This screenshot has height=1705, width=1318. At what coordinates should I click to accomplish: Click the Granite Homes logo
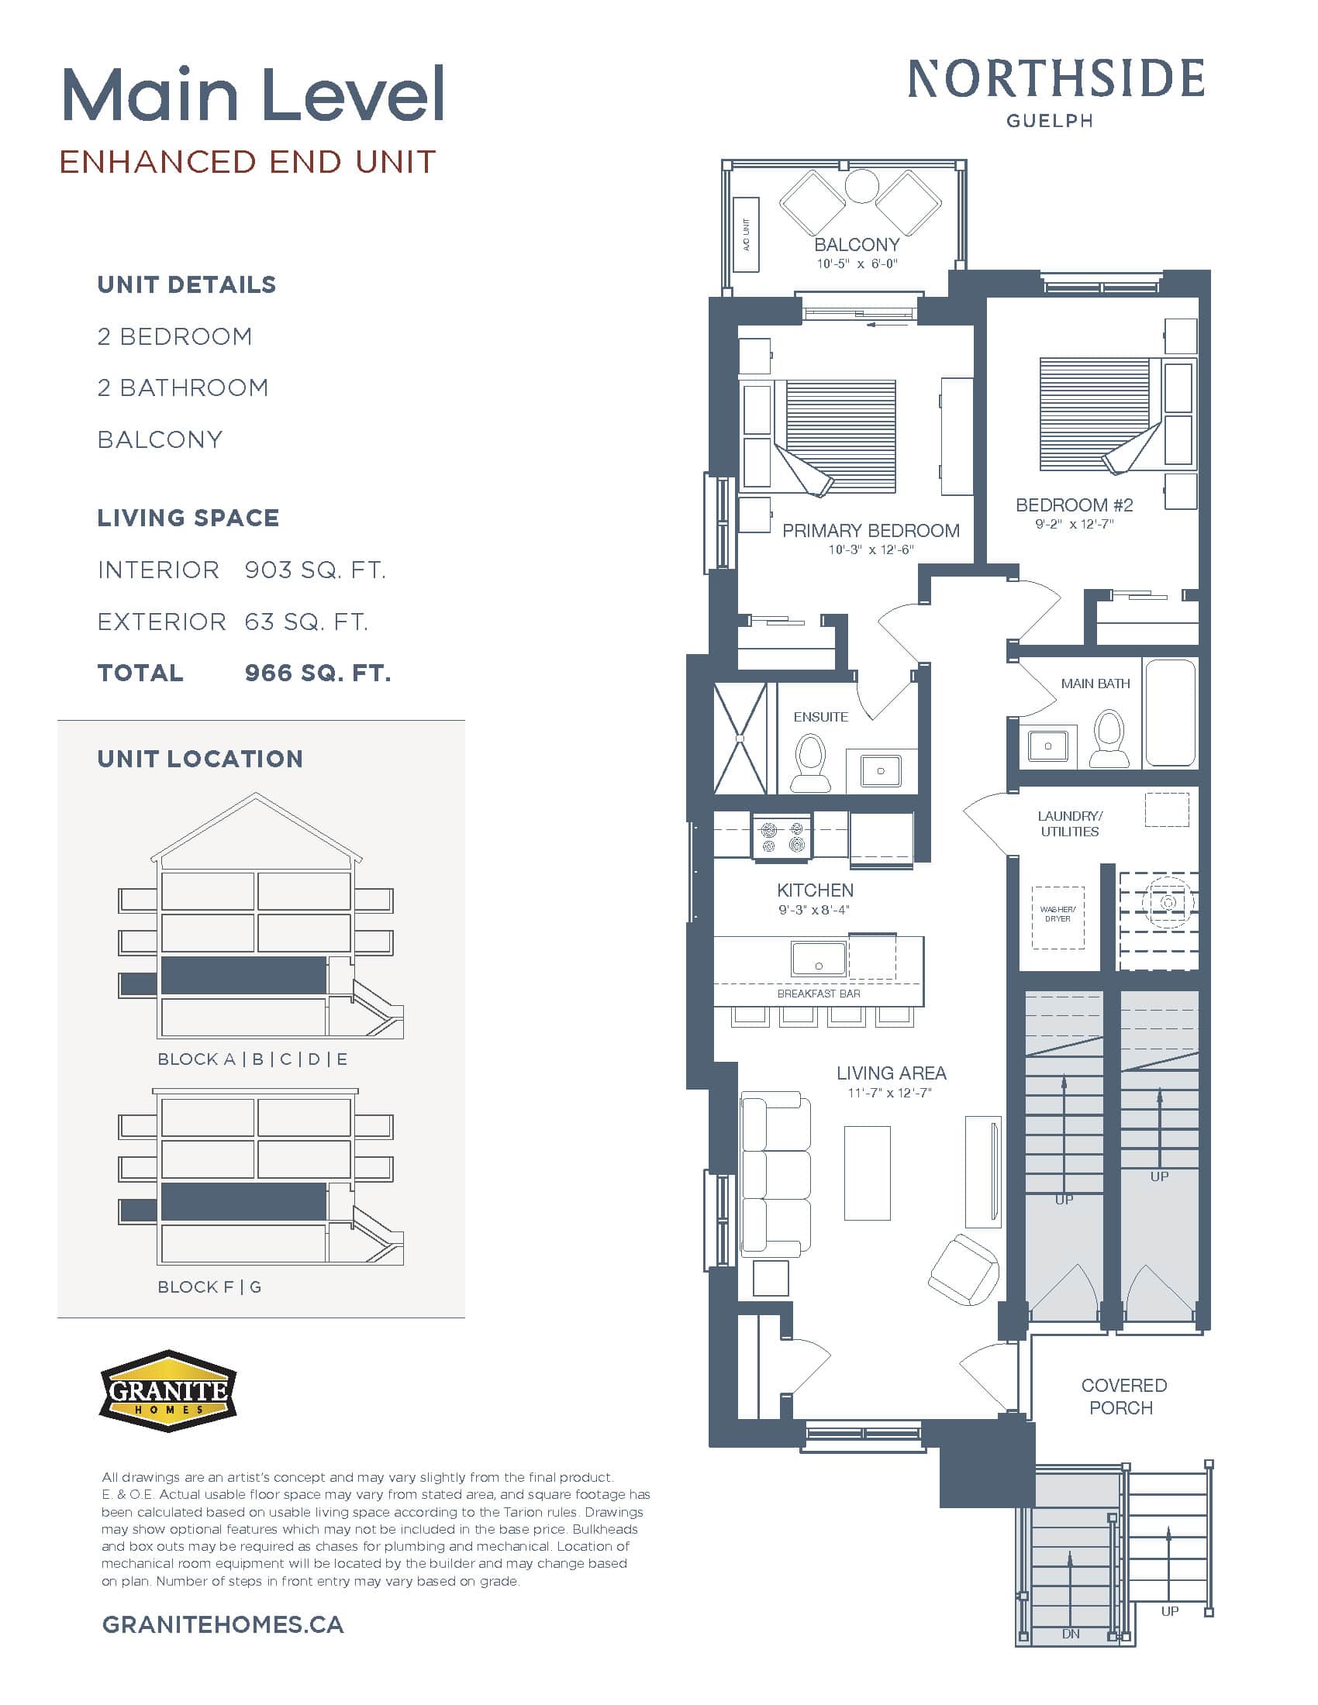pos(168,1390)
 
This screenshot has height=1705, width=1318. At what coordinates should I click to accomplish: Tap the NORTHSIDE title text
pos(1055,80)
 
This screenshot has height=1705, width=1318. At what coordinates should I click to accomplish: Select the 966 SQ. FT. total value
pos(318,673)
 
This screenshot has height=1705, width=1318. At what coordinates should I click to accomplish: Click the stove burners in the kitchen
pos(782,837)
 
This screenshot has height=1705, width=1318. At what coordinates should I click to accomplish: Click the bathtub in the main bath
pos(1170,712)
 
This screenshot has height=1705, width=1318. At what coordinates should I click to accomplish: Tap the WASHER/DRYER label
pos(1058,914)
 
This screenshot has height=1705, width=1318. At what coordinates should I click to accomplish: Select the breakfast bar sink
pos(818,959)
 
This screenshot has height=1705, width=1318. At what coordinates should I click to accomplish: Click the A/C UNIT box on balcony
pos(747,234)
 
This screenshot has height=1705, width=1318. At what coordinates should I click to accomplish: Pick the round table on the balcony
pos(863,187)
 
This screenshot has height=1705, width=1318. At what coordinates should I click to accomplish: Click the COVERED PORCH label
pos(1123,1396)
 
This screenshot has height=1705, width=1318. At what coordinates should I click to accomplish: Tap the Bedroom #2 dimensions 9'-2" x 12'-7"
pos(1074,524)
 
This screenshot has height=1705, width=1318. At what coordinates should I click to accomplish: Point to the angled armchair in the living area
pos(963,1269)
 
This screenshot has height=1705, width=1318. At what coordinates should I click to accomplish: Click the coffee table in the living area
pos(867,1173)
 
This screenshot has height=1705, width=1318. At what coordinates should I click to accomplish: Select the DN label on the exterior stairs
pos(1071,1634)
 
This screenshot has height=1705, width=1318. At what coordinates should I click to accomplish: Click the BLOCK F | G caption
pos(209,1286)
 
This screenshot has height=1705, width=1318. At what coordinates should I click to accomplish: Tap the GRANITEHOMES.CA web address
pos(223,1624)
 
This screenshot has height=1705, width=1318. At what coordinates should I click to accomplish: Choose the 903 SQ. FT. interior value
pos(315,570)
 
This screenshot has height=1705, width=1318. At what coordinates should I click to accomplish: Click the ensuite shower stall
pos(740,739)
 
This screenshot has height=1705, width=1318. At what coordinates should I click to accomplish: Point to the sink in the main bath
pos(1047,746)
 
